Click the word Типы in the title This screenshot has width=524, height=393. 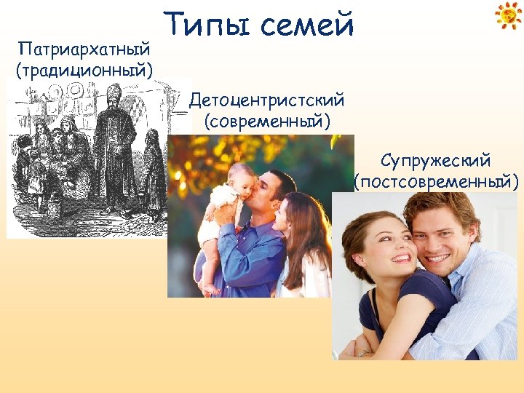coord(205,25)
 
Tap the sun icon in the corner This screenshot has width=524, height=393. coord(508,15)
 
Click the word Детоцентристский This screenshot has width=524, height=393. coord(266,99)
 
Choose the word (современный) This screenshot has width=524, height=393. coord(266,119)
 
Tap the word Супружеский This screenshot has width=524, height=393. coord(435,159)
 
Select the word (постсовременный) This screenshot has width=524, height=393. coord(435,180)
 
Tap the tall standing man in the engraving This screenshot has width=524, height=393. coord(115,146)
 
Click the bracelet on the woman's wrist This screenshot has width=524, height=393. coord(362,353)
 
